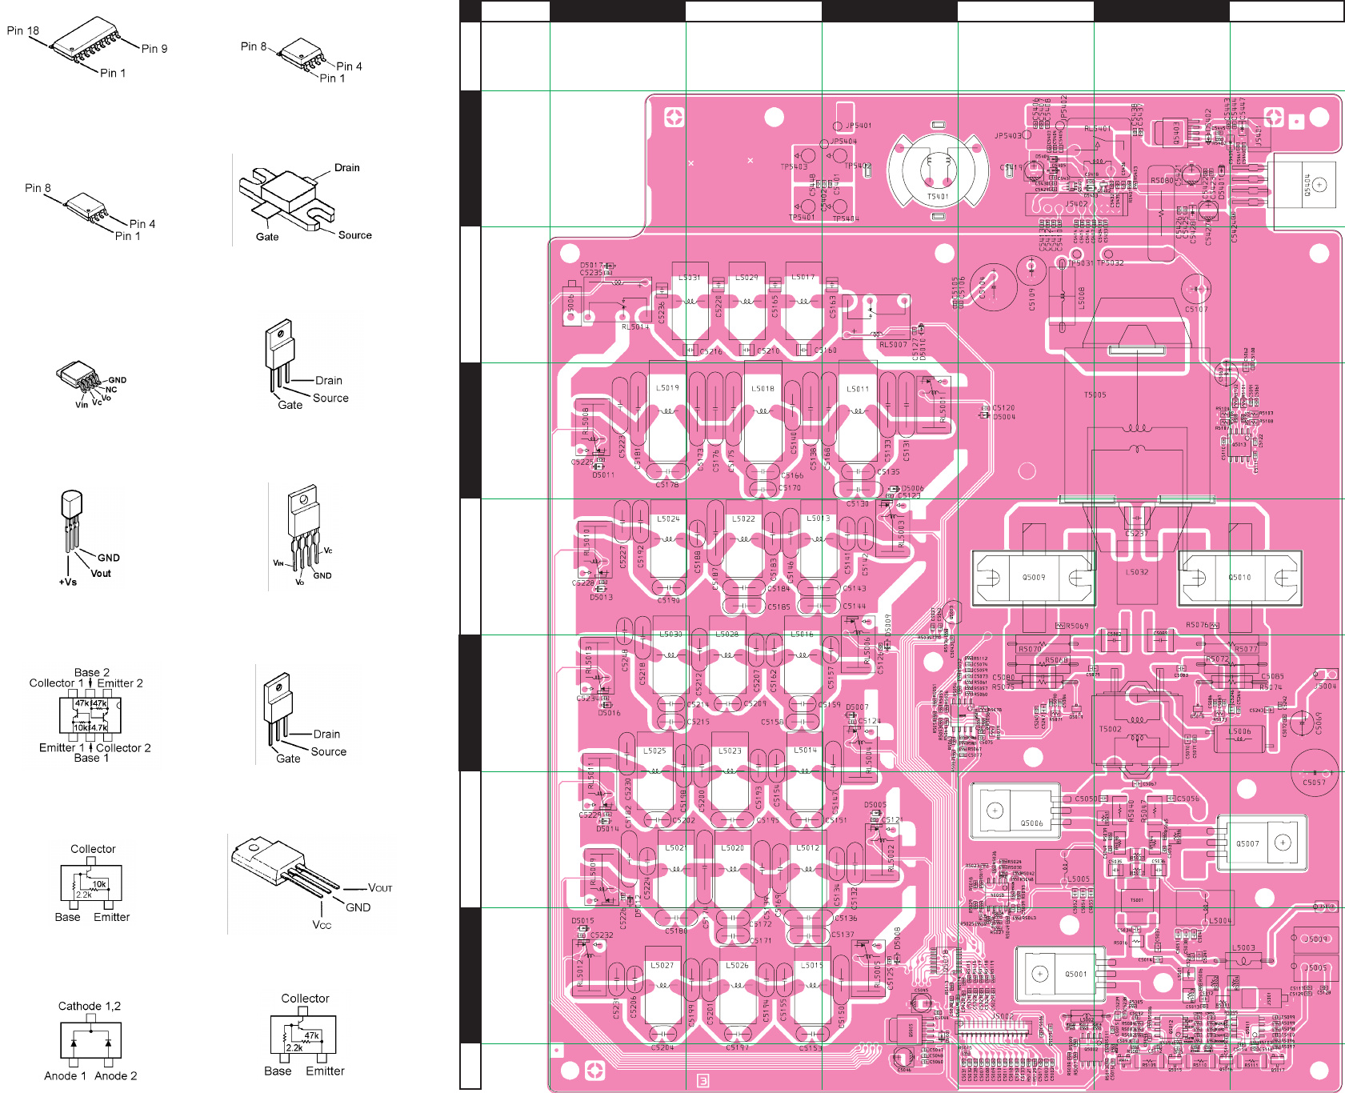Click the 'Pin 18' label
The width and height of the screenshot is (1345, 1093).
22,31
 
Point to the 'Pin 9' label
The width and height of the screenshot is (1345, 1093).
154,49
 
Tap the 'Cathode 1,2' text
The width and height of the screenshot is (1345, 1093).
90,1006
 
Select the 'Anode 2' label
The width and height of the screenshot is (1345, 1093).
116,1075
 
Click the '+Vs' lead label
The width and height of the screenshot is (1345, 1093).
68,582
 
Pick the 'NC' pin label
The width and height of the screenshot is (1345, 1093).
111,390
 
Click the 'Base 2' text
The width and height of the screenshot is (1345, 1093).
92,673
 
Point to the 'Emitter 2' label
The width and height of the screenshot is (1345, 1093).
120,683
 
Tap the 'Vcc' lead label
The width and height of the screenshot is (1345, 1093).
322,925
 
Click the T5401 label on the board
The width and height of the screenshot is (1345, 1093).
938,197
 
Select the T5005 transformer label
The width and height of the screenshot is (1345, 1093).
1095,395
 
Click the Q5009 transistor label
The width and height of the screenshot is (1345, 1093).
1034,577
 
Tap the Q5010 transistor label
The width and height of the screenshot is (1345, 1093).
1239,577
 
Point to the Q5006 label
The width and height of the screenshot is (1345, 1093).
1031,823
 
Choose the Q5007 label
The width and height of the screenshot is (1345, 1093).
1247,844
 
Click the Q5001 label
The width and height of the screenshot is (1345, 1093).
1076,975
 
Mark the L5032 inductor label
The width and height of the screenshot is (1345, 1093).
1137,573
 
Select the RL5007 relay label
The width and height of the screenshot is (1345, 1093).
893,345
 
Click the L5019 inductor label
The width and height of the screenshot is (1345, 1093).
667,388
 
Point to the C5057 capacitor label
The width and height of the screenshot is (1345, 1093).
1314,783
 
